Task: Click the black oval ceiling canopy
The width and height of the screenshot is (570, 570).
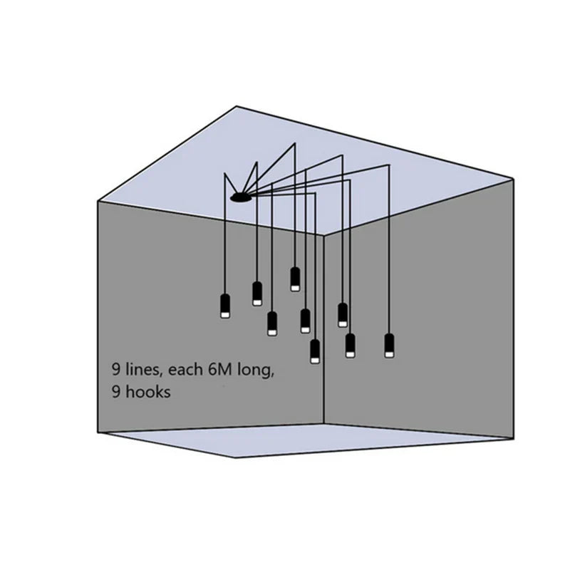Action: tap(240, 198)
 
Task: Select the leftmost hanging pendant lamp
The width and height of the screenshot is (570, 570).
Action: tap(225, 306)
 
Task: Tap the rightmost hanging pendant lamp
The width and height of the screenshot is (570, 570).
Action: tap(389, 346)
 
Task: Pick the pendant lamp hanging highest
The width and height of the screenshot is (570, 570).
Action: tap(295, 279)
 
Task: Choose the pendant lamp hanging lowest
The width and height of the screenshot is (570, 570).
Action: tap(315, 351)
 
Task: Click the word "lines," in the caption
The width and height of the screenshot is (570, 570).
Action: tap(142, 370)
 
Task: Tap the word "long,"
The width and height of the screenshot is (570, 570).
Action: tap(256, 370)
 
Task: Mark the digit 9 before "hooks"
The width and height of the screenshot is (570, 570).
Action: tap(116, 393)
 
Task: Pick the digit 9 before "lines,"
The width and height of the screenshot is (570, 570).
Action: tap(116, 370)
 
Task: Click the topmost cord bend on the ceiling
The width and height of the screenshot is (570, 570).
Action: tap(295, 144)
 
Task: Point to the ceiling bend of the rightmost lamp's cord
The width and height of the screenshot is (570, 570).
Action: tap(389, 165)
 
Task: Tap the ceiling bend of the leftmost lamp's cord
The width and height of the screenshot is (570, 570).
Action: tap(225, 173)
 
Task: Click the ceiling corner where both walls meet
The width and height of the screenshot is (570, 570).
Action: tap(324, 236)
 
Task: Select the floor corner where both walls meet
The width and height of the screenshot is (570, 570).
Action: tap(324, 423)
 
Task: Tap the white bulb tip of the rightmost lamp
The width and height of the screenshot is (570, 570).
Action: tap(389, 354)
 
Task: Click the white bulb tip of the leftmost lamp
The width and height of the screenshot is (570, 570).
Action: tap(225, 315)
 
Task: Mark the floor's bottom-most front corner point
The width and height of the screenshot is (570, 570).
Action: tap(235, 457)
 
